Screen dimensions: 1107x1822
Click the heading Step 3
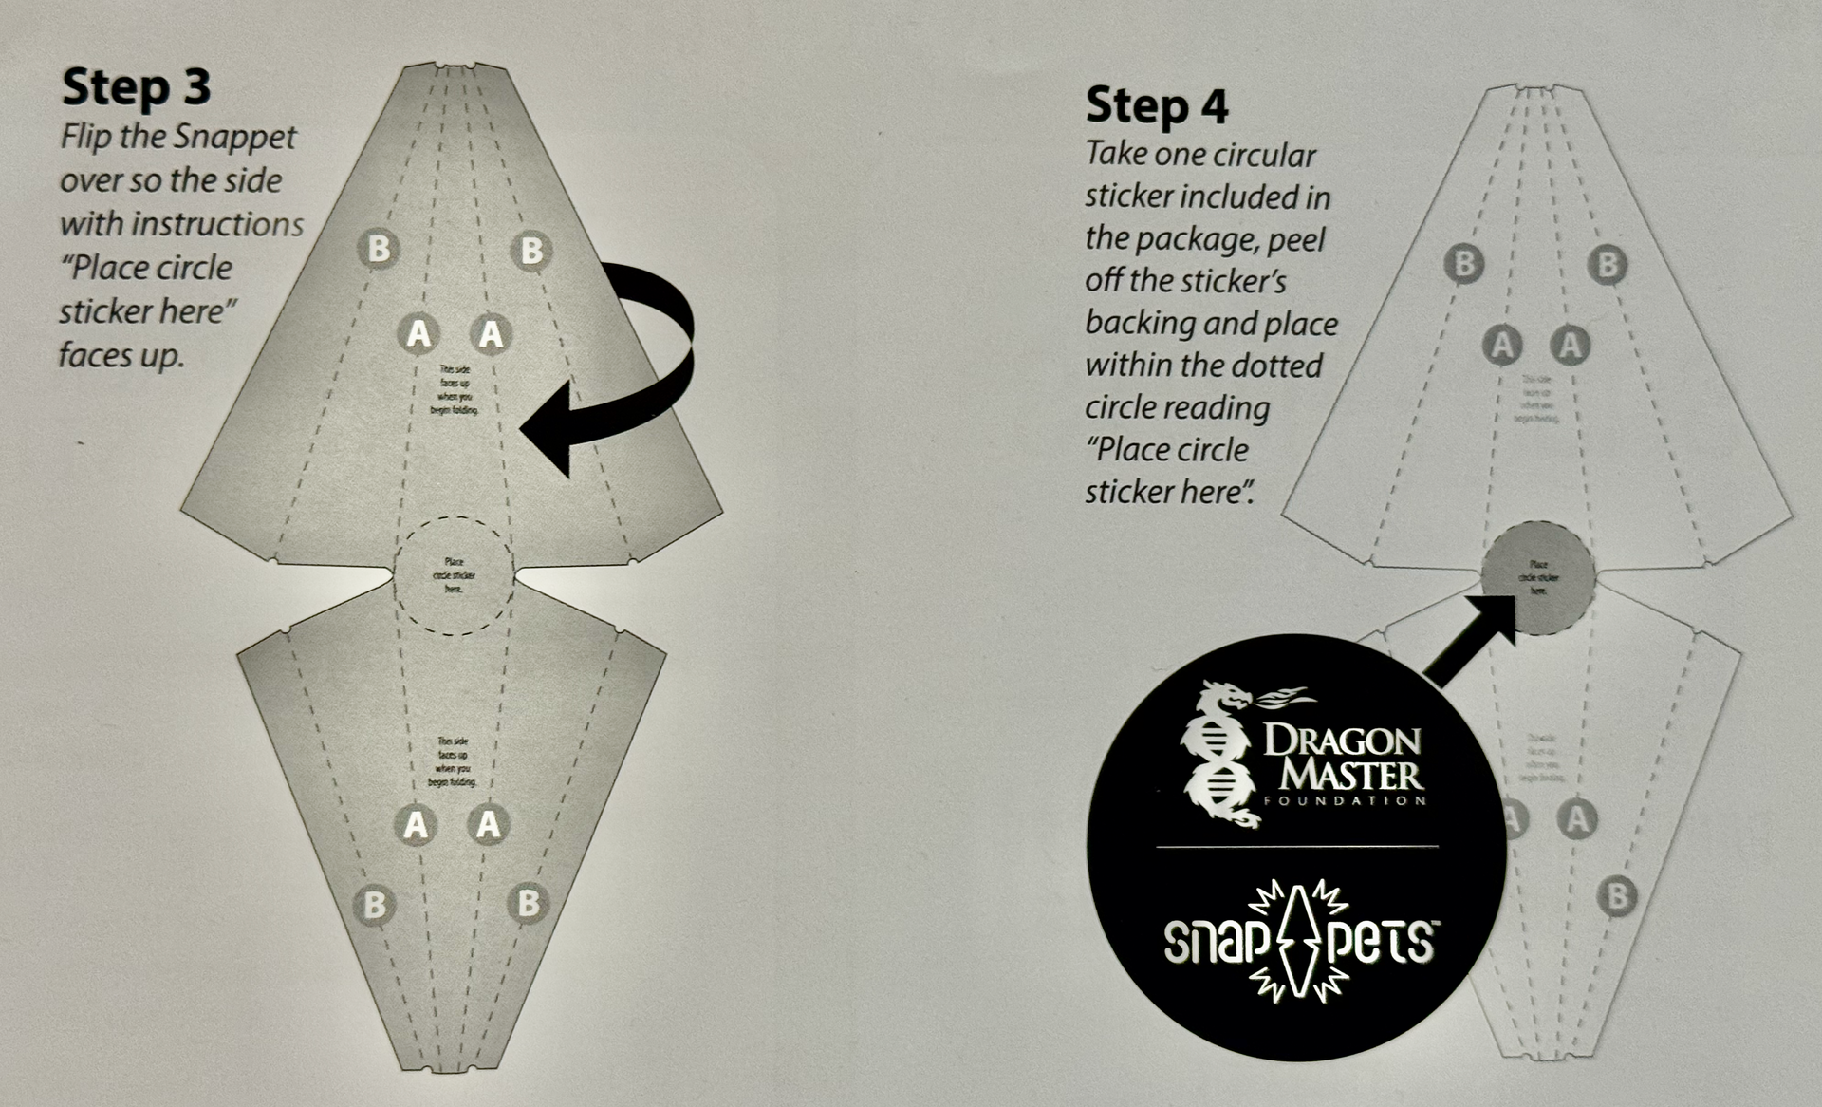(x=136, y=87)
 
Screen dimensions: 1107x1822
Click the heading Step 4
(x=1157, y=105)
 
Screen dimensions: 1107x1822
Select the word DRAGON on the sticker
(x=1342, y=741)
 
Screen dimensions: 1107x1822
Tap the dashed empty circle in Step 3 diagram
(x=454, y=575)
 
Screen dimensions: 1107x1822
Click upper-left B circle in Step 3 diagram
(x=379, y=249)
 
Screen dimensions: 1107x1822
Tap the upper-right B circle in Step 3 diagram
(x=531, y=251)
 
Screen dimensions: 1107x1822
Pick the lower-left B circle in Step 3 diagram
(x=375, y=904)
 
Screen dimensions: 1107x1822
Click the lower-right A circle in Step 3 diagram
(x=489, y=824)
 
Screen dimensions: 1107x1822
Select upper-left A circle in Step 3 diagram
(x=418, y=333)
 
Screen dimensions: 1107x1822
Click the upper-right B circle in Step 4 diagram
(x=1608, y=264)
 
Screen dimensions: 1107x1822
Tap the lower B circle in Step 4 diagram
(x=1618, y=896)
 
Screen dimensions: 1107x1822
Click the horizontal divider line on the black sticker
(x=1296, y=845)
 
